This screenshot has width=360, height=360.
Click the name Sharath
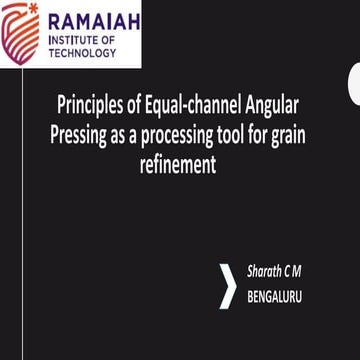[266, 272]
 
